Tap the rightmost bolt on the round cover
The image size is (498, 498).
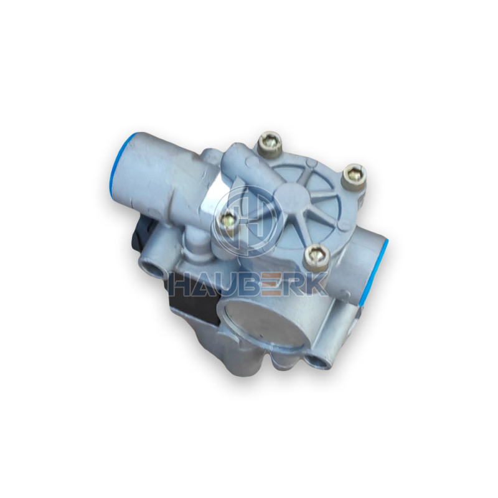point(354,174)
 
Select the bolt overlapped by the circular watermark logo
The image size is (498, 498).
point(227,220)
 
